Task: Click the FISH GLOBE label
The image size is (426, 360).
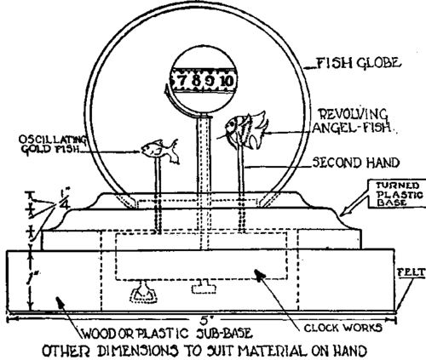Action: pos(359,63)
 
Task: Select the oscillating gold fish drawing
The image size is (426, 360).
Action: pos(160,151)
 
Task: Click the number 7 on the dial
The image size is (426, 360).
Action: pos(181,81)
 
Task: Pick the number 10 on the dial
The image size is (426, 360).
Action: pos(227,81)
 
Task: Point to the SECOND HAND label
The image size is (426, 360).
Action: pos(356,163)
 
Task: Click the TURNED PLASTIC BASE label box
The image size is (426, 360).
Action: pos(398,194)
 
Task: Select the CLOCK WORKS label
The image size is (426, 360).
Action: pos(343,328)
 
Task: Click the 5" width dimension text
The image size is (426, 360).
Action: pos(205,320)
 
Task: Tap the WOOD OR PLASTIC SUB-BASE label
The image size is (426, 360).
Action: pos(167,334)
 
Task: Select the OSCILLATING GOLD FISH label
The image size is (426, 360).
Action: pos(53,145)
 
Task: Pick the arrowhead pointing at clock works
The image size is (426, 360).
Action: pos(259,275)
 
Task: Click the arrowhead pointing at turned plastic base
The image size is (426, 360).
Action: pos(344,212)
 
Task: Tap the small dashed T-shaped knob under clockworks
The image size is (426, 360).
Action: pos(204,287)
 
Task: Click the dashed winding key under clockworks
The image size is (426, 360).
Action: pos(143,294)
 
